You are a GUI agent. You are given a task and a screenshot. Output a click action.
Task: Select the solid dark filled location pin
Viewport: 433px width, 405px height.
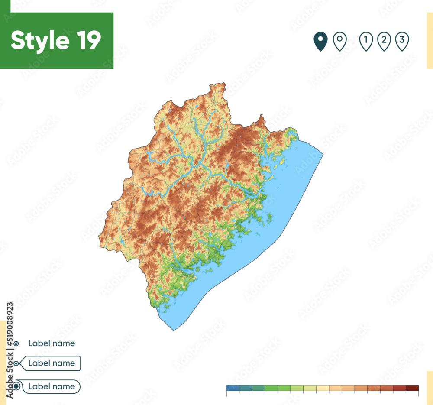click(x=320, y=42)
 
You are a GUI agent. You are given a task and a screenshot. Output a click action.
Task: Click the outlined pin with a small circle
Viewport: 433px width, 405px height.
click(x=339, y=42)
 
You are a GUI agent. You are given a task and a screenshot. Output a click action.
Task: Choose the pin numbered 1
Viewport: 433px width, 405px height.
click(x=366, y=42)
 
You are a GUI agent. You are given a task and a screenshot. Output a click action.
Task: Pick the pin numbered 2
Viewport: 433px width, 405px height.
click(x=384, y=42)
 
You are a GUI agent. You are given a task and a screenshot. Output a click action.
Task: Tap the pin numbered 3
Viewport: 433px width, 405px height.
click(x=402, y=42)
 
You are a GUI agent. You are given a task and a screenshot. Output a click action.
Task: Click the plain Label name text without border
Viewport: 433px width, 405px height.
click(x=52, y=343)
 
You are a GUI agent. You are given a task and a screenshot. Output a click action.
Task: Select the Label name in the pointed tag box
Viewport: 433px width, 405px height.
click(x=52, y=363)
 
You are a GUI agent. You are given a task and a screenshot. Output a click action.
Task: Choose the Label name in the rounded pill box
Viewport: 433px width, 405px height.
click(x=52, y=386)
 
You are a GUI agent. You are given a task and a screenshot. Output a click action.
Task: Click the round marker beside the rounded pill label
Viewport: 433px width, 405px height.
click(x=16, y=386)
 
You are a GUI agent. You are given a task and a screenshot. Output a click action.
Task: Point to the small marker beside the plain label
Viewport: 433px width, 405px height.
click(x=16, y=343)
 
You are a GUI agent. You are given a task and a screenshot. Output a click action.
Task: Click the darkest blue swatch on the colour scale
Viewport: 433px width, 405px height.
click(x=233, y=388)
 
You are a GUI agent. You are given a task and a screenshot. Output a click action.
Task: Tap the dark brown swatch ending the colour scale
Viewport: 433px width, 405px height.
click(x=412, y=388)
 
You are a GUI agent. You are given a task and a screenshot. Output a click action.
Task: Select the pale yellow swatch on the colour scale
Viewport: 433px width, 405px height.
click(x=323, y=388)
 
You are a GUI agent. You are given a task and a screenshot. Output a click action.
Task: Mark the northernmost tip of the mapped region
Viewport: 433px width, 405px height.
click(x=224, y=83)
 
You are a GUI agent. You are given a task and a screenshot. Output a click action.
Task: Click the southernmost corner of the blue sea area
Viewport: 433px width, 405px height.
click(x=174, y=330)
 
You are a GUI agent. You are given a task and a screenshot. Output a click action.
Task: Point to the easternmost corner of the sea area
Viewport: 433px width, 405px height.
click(x=323, y=153)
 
